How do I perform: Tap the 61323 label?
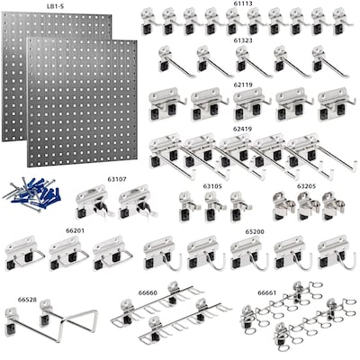click(242, 41)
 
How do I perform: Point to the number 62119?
click(243, 84)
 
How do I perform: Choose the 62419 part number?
click(242, 129)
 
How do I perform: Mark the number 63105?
click(212, 186)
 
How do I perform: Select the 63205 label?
click(306, 186)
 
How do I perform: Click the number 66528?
click(28, 299)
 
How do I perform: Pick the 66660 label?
click(148, 292)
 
